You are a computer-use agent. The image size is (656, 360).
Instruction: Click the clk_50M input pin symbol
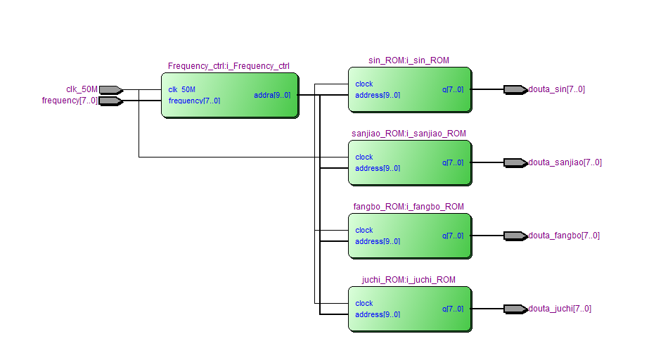pyautogui.click(x=110, y=89)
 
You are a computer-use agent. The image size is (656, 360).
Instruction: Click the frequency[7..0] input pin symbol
pyautogui.click(x=110, y=101)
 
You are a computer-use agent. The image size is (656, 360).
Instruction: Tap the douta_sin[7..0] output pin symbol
pyautogui.click(x=515, y=89)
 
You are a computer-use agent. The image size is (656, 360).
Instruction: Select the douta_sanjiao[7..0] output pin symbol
pyautogui.click(x=515, y=162)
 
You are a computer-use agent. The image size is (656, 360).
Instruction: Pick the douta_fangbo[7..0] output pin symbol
pyautogui.click(x=515, y=236)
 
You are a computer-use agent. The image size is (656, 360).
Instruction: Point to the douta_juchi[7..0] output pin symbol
pyautogui.click(x=515, y=309)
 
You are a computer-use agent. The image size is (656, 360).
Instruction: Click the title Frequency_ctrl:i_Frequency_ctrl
pyautogui.click(x=229, y=66)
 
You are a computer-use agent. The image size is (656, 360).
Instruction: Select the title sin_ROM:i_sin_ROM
pyautogui.click(x=409, y=60)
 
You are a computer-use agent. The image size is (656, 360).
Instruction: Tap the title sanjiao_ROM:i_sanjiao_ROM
pyautogui.click(x=409, y=134)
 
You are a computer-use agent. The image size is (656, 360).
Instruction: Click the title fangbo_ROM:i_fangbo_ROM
pyautogui.click(x=409, y=207)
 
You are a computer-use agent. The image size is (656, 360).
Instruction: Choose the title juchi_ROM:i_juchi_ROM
pyautogui.click(x=409, y=280)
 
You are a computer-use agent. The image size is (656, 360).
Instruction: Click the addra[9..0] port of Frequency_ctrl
pyautogui.click(x=272, y=95)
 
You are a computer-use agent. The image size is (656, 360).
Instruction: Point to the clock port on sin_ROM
pyautogui.click(x=364, y=84)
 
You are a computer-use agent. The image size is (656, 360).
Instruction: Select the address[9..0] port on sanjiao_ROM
pyautogui.click(x=378, y=169)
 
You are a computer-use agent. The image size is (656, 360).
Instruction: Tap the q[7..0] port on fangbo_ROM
pyautogui.click(x=453, y=236)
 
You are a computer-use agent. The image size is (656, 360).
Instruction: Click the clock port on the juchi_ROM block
pyautogui.click(x=364, y=304)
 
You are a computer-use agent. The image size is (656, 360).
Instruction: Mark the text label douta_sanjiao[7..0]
pyautogui.click(x=565, y=162)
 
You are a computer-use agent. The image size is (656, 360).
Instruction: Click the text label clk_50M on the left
pyautogui.click(x=82, y=89)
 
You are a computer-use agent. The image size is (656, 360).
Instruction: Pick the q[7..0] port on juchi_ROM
pyautogui.click(x=453, y=309)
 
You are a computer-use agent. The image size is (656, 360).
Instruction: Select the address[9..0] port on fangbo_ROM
pyautogui.click(x=378, y=242)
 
